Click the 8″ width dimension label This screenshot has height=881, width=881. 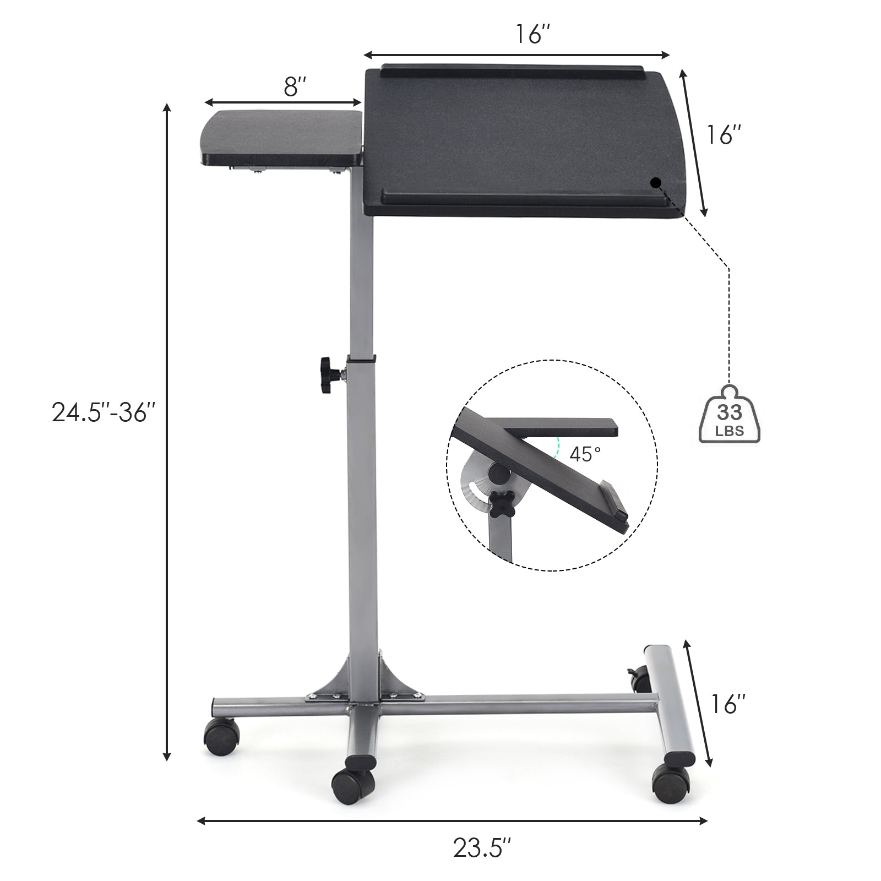[x=295, y=87]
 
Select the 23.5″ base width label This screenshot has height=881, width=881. [x=482, y=848]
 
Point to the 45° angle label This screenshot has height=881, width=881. [x=585, y=454]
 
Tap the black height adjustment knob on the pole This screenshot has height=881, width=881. [x=329, y=375]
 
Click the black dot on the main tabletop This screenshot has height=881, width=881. [x=655, y=183]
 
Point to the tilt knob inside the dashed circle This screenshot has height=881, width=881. [x=502, y=503]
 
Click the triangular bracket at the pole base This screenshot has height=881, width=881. [x=363, y=680]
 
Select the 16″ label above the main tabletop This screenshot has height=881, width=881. [x=532, y=35]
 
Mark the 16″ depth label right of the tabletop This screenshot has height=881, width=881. [x=724, y=135]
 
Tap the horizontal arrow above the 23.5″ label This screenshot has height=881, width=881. [x=452, y=821]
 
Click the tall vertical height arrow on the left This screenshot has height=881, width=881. [x=167, y=432]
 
